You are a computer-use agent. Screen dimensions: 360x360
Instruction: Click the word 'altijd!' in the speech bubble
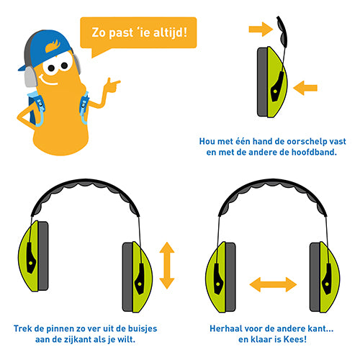pyautogui.click(x=170, y=32)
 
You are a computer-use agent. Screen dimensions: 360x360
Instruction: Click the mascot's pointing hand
pyautogui.click(x=112, y=85)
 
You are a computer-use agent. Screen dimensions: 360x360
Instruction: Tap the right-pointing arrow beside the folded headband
pyautogui.click(x=261, y=30)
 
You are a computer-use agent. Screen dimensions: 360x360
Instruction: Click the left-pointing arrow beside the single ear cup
pyautogui.click(x=305, y=88)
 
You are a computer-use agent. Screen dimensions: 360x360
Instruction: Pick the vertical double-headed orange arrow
pyautogui.click(x=167, y=266)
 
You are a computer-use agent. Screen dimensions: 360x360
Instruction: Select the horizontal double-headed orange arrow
pyautogui.click(x=273, y=284)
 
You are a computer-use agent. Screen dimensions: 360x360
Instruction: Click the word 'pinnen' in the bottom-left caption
pyautogui.click(x=60, y=329)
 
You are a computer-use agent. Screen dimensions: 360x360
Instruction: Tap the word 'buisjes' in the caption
pyautogui.click(x=143, y=329)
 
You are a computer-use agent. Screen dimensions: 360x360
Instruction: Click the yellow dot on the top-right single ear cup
pyautogui.click(x=275, y=91)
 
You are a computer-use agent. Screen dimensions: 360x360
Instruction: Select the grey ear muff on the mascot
pyautogui.click(x=31, y=77)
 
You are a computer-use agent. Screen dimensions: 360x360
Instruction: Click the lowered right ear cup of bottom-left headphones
pyautogui.click(x=138, y=277)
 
